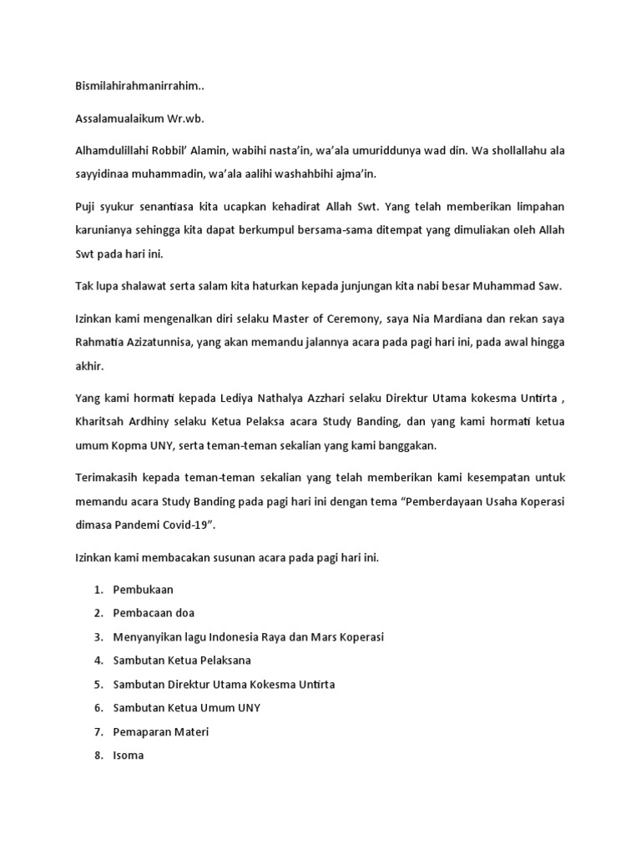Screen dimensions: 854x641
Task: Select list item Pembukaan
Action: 144,590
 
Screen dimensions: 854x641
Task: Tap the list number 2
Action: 98,613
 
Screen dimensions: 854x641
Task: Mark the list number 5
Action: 98,684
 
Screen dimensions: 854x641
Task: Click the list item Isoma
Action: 129,756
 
